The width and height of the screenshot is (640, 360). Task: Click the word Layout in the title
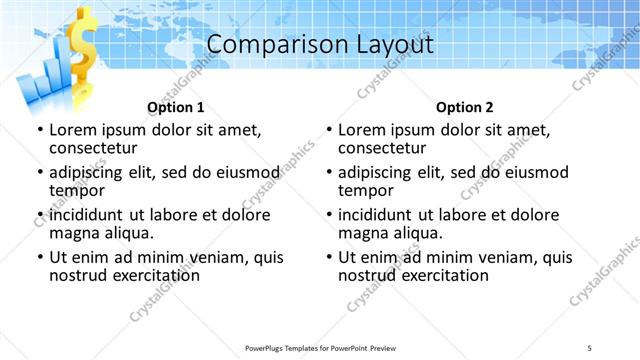389,44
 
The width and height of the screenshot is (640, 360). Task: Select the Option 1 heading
176,107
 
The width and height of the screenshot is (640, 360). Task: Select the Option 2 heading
465,107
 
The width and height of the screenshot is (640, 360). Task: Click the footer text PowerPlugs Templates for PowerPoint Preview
319,347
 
